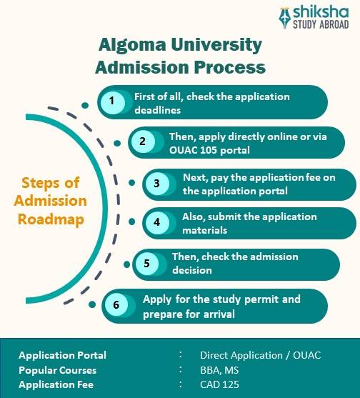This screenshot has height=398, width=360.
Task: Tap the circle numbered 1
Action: click(x=111, y=101)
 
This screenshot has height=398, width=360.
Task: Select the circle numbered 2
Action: click(x=142, y=141)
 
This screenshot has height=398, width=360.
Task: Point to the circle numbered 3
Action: click(x=156, y=184)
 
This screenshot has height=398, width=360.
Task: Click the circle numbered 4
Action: click(x=157, y=222)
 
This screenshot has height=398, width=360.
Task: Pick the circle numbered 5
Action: click(x=146, y=263)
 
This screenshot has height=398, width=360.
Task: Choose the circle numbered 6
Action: click(x=116, y=304)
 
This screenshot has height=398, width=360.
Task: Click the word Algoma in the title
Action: click(x=131, y=45)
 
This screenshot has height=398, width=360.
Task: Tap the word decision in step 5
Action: click(x=192, y=270)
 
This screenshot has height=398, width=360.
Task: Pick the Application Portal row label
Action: click(x=62, y=355)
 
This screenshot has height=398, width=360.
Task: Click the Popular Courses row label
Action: click(x=57, y=370)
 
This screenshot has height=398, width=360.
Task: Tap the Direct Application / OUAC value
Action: click(x=259, y=355)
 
